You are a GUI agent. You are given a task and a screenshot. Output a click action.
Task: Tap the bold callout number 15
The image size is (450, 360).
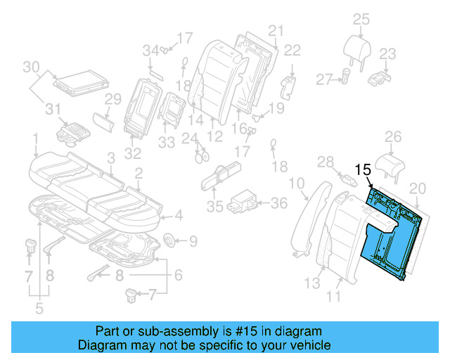(x=362, y=170)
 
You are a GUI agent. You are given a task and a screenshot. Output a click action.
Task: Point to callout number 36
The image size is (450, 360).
(x=279, y=203)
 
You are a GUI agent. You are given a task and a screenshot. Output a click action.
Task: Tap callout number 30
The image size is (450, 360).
(x=30, y=67)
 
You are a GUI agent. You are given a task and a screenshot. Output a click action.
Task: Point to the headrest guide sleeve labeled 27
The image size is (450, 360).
(x=345, y=75)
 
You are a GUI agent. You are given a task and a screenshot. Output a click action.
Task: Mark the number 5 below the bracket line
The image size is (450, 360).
(x=39, y=307)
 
